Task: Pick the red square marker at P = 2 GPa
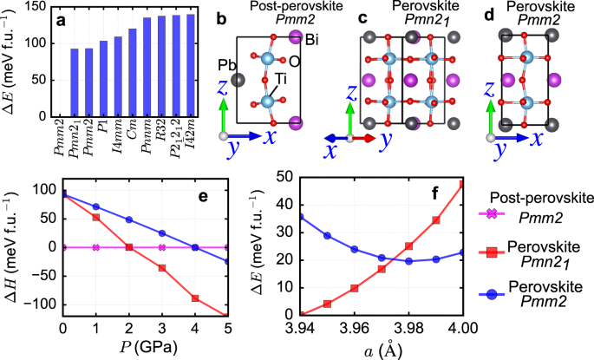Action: pyautogui.click(x=129, y=247)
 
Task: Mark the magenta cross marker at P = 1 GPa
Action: pyautogui.click(x=95, y=247)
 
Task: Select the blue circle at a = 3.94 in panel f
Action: pyautogui.click(x=300, y=216)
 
